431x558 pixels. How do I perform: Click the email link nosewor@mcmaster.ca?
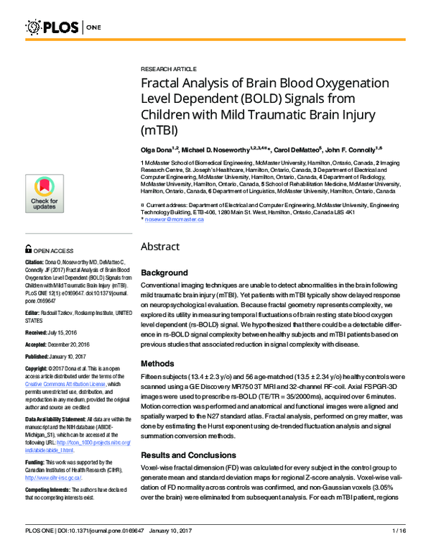tap(175, 219)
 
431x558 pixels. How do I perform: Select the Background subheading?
tap(166, 273)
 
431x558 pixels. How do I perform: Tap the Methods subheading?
tap(158, 364)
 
